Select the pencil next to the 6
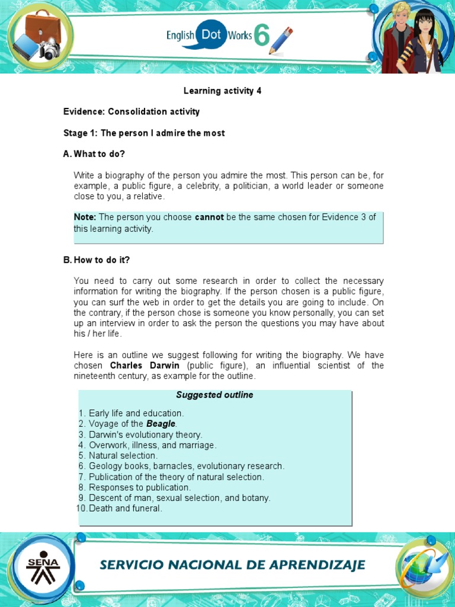[281, 40]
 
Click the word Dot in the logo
[211, 34]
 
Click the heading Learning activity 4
[222, 91]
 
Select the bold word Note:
[85, 218]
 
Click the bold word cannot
[209, 218]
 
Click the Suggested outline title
[214, 395]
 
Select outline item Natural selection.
[123, 456]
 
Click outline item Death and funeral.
[124, 509]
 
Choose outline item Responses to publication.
[140, 487]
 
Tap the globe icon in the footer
[419, 566]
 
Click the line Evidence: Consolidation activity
[132, 111]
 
